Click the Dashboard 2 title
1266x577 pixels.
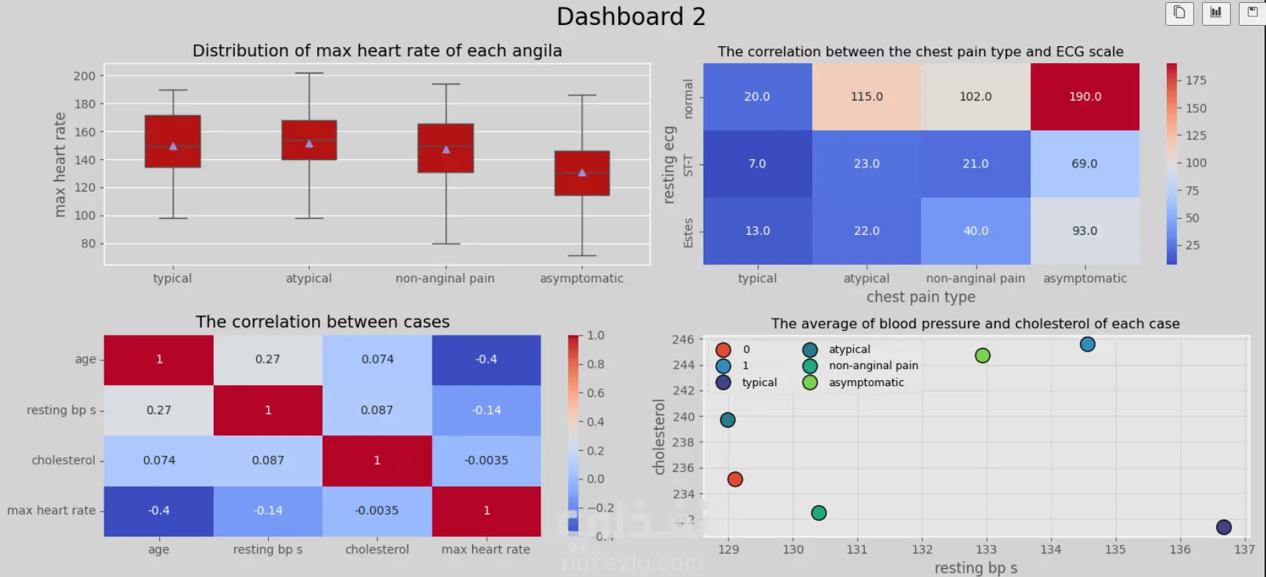click(x=631, y=17)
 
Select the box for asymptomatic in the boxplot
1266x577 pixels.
click(x=582, y=173)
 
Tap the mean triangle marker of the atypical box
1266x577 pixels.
click(x=309, y=144)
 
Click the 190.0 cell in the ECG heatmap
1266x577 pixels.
click(x=1085, y=97)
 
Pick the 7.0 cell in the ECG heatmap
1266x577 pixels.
click(x=757, y=164)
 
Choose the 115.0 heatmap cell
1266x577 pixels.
click(x=867, y=97)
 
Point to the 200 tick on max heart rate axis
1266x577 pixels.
click(x=84, y=76)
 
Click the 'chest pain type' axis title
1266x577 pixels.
click(x=921, y=297)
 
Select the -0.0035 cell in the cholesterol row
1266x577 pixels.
click(x=486, y=460)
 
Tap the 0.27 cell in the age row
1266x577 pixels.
click(x=268, y=360)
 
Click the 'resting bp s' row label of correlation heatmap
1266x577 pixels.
click(x=61, y=410)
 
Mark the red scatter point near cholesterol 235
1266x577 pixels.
click(x=735, y=479)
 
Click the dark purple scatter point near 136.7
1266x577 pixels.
click(x=1223, y=527)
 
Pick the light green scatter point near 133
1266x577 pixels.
click(x=983, y=356)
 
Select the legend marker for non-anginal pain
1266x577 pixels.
click(x=810, y=366)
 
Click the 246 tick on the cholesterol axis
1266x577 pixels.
click(x=683, y=340)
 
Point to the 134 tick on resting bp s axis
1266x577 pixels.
click(x=1050, y=550)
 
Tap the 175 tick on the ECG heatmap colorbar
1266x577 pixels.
click(x=1196, y=81)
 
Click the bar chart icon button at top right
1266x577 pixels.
click(x=1216, y=13)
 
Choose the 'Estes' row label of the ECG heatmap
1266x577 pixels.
click(x=688, y=233)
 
